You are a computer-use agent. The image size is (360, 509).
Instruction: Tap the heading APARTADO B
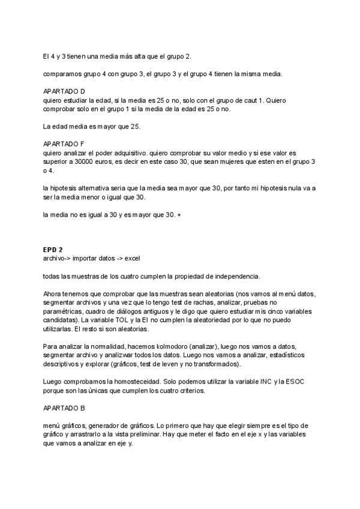[x=64, y=408]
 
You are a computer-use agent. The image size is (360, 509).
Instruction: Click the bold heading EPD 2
[x=53, y=250]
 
